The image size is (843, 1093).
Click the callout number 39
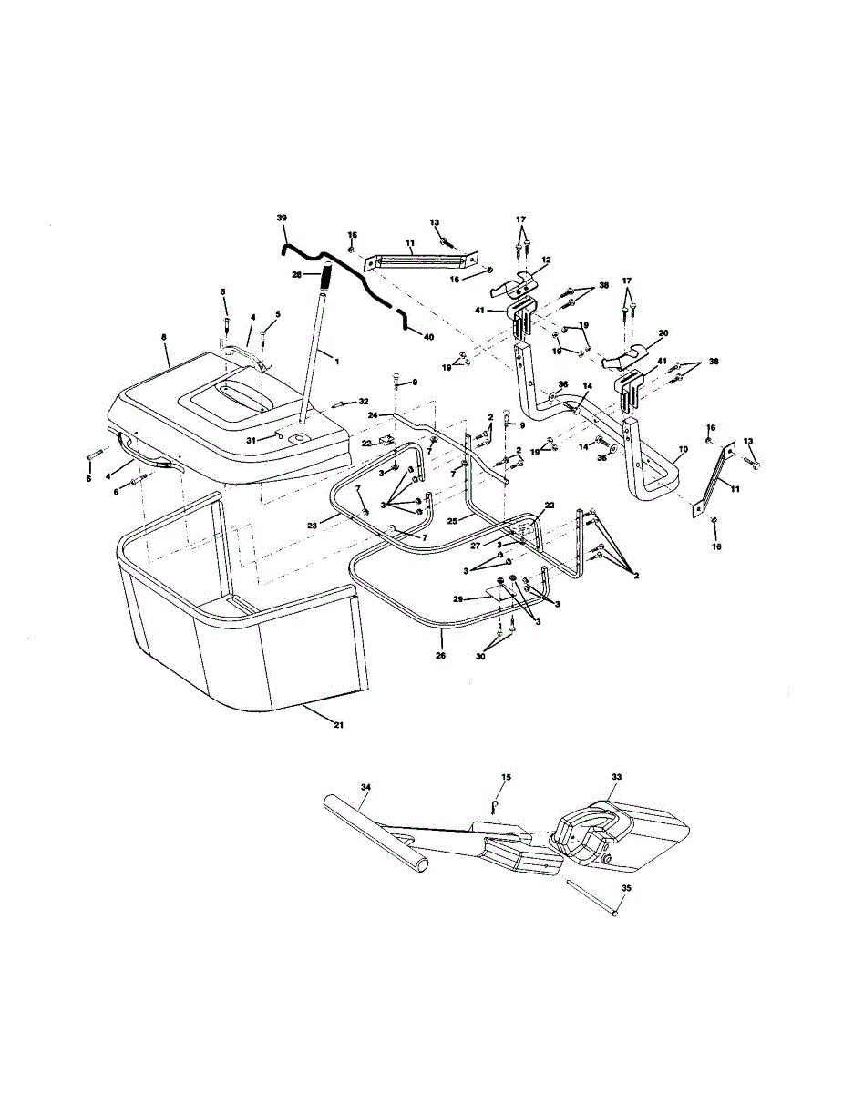pyautogui.click(x=281, y=218)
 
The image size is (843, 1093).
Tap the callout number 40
pyautogui.click(x=428, y=337)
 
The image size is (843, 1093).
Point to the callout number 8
pyautogui.click(x=164, y=338)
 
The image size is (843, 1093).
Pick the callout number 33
pyautogui.click(x=617, y=776)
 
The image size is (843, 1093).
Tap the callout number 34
pyautogui.click(x=365, y=785)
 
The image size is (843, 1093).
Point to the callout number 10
pyautogui.click(x=684, y=450)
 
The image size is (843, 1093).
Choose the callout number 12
pyautogui.click(x=546, y=260)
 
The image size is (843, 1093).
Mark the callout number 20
pyautogui.click(x=663, y=332)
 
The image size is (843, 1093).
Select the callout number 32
pyautogui.click(x=364, y=401)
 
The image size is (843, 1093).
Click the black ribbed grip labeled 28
pyautogui.click(x=323, y=271)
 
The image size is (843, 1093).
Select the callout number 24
pyautogui.click(x=372, y=414)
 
